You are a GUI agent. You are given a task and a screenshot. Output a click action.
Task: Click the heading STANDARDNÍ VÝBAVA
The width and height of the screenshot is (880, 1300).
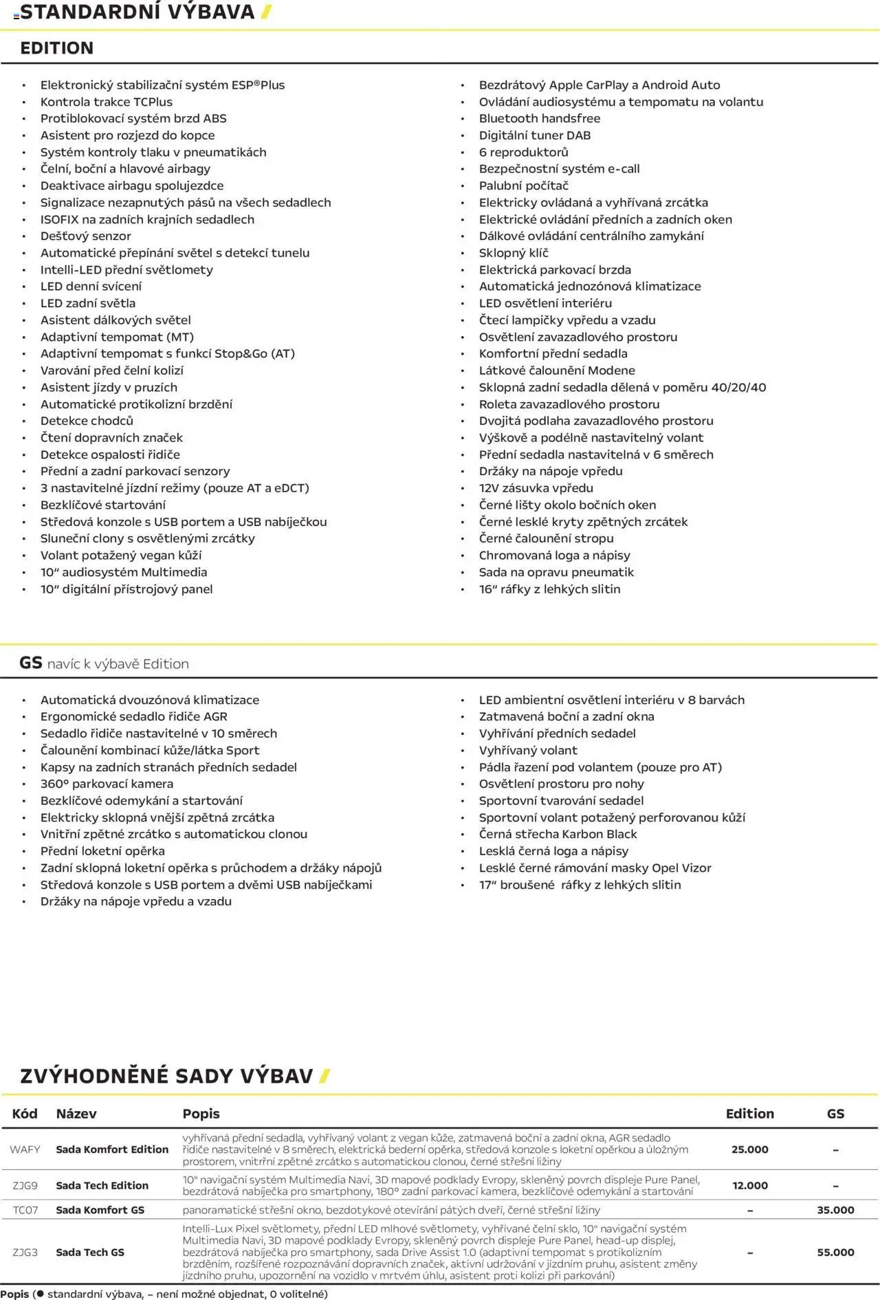(x=137, y=12)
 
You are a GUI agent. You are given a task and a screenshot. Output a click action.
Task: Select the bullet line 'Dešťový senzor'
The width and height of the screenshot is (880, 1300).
(x=85, y=236)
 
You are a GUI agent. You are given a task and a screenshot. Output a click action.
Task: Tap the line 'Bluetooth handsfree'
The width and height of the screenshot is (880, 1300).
(x=539, y=118)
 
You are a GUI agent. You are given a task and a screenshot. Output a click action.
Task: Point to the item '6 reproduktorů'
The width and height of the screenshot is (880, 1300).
(x=523, y=152)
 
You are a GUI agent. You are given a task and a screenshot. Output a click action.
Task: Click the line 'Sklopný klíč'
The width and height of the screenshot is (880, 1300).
(x=513, y=253)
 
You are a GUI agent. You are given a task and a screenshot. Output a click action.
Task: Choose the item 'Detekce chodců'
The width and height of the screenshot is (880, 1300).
(x=87, y=421)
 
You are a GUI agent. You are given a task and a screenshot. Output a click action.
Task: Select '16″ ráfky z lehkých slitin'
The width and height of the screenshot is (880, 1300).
(x=549, y=589)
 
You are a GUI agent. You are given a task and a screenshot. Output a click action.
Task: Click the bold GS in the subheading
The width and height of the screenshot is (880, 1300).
(x=31, y=663)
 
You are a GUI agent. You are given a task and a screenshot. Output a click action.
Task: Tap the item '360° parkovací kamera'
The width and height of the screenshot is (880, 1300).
(x=107, y=784)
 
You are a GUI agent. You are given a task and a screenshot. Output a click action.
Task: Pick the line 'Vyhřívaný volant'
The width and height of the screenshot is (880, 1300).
(x=528, y=750)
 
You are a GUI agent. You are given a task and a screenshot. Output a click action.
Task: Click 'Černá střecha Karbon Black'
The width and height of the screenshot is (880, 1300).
(x=558, y=834)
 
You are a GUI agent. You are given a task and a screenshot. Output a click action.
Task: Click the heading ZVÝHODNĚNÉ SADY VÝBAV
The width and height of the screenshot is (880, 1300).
(x=166, y=1076)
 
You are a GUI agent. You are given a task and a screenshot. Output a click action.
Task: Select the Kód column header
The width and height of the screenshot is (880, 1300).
(x=25, y=1114)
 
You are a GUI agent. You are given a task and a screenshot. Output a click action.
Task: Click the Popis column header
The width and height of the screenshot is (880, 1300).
(x=201, y=1114)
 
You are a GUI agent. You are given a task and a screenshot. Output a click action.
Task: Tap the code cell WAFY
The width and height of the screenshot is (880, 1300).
(x=25, y=1149)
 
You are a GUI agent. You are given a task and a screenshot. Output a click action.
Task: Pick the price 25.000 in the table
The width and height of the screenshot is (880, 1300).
(x=749, y=1149)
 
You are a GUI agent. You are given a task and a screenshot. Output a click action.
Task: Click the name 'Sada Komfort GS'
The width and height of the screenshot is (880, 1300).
(x=100, y=1210)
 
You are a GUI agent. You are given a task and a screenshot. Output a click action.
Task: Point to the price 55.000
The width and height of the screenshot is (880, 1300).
(x=835, y=1253)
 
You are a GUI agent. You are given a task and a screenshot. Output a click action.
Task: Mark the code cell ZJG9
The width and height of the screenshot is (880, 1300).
(x=25, y=1185)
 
